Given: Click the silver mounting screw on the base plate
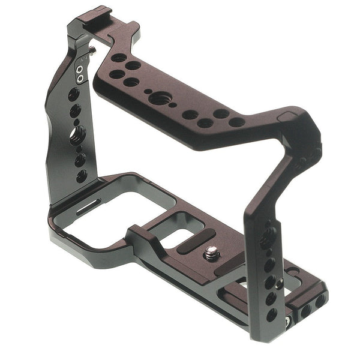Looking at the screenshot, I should click(211, 254).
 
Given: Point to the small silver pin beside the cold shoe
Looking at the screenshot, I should click(94, 53).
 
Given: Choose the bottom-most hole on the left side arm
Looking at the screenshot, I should click(81, 176).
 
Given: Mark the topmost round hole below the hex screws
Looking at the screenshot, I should click(74, 95).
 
